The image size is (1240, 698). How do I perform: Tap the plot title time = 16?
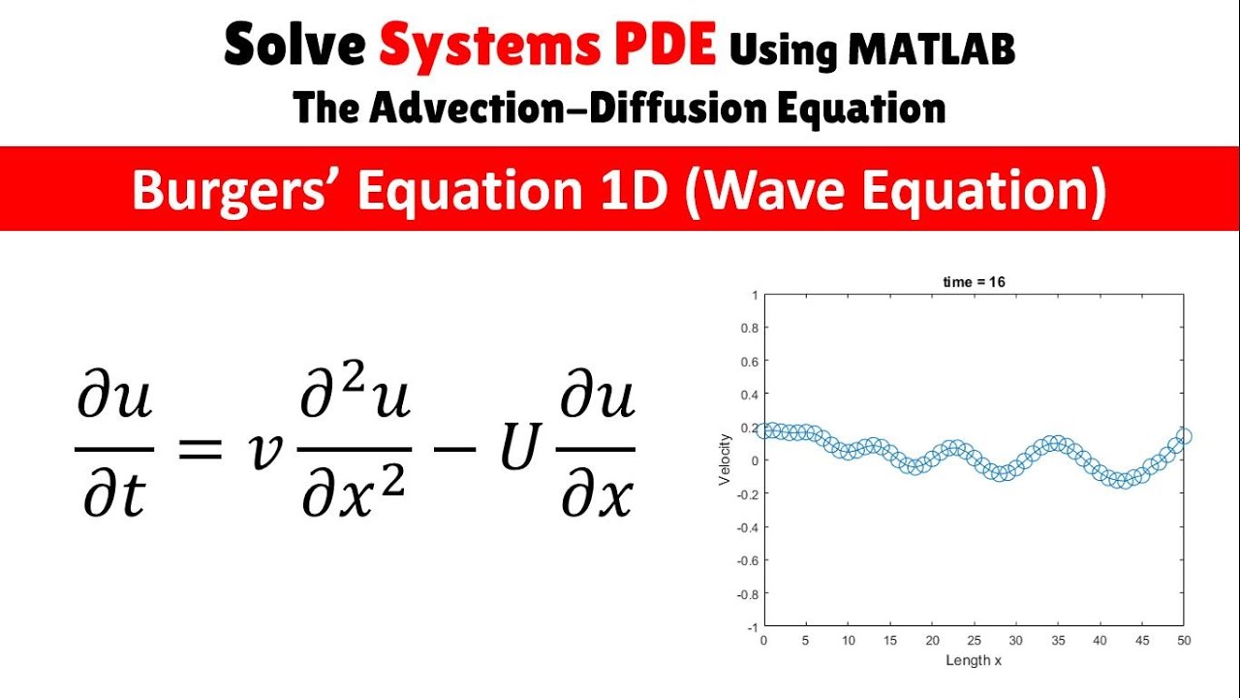[974, 282]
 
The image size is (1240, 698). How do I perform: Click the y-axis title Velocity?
[725, 460]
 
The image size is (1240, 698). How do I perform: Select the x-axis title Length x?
[974, 660]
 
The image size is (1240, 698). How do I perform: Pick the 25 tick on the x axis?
[974, 641]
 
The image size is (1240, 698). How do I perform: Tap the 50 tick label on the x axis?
[1184, 641]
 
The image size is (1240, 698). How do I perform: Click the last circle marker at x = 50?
[1184, 437]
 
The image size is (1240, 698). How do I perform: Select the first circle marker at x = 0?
[764, 429]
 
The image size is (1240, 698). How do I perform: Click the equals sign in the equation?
[201, 451]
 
